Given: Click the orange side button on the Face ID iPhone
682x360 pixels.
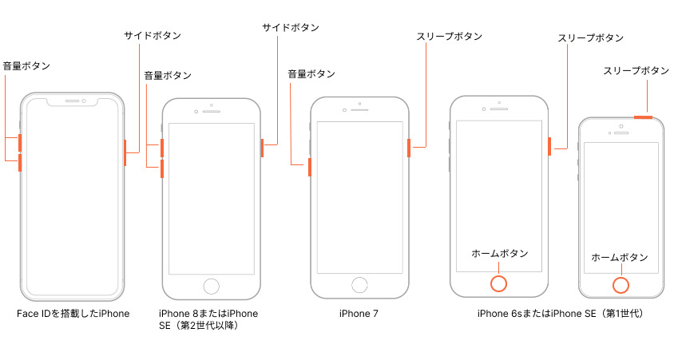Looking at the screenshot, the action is pos(125,152).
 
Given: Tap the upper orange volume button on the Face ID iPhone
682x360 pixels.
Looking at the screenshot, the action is pos(20,143).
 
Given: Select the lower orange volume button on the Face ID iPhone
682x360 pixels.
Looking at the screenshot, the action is pos(20,163).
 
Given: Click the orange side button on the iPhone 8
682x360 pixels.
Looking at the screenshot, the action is pos(262,148).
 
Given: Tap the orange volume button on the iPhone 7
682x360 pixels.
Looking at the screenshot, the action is pos(310,168).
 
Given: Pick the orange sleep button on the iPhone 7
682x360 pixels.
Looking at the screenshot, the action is pos(409,148).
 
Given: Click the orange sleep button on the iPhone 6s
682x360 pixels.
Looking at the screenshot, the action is pos(549,147).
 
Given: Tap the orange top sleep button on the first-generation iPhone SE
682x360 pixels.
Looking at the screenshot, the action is pos(644,117).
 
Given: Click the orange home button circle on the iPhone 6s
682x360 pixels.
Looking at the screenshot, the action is pos(499,283).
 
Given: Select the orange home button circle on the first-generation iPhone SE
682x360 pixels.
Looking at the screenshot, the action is pos(621,286).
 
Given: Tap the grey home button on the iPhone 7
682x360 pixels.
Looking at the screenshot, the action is pos(359,285).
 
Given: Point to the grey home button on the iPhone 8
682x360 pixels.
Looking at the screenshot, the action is pos(212,287).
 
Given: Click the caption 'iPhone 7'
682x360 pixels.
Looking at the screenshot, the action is pos(359,314).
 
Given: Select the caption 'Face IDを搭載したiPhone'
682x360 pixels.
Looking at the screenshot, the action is pos(73,314).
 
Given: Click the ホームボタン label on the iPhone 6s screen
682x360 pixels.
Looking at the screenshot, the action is pos(500,253).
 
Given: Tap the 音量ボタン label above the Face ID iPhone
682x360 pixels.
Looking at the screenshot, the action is pos(26,65).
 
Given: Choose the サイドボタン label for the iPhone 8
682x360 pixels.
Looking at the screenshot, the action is pos(291,27).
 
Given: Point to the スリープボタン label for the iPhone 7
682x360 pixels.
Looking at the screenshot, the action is pos(450,37).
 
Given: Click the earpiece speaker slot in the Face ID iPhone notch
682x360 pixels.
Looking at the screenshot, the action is pos(72,101).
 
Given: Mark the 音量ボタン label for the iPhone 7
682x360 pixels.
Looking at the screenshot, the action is pos(311,74).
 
